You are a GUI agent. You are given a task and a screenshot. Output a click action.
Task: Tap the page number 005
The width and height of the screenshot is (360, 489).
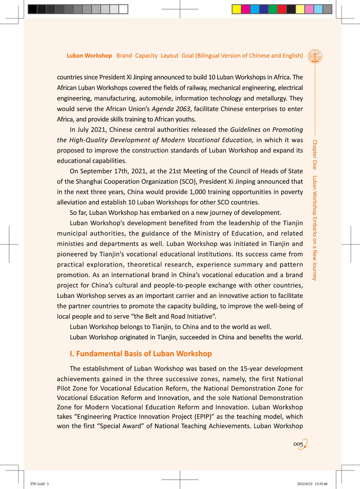pos(300,444)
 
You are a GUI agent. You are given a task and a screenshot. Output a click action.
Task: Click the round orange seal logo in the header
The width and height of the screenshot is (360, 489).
pos(315,56)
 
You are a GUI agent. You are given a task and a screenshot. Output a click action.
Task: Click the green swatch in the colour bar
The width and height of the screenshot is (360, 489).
pos(273,9)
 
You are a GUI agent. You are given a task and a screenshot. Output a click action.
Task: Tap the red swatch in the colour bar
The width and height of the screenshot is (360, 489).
pos(282,9)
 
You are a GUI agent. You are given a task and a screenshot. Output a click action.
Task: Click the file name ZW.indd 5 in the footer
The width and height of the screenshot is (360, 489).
pos(40,483)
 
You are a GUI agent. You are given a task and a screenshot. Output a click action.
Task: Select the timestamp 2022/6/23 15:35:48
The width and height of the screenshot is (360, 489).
pos(309,483)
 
